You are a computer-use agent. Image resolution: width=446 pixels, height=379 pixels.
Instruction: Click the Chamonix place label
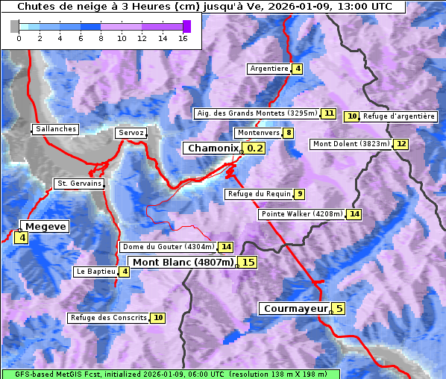pyautogui.click(x=213, y=148)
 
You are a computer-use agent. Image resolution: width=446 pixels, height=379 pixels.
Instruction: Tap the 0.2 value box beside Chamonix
pyautogui.click(x=255, y=148)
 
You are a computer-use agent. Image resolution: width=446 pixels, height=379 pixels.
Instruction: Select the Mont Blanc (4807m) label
pyautogui.click(x=183, y=262)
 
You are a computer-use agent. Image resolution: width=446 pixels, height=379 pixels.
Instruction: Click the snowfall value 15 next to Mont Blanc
pyautogui.click(x=248, y=262)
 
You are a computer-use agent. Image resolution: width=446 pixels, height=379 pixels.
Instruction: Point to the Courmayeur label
pyautogui.click(x=296, y=308)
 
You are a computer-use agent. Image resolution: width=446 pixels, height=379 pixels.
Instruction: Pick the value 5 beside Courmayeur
pyautogui.click(x=339, y=308)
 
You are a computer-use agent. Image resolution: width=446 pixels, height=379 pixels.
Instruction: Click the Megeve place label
pyautogui.click(x=45, y=226)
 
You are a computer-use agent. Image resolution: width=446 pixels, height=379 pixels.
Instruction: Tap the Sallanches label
pyautogui.click(x=56, y=129)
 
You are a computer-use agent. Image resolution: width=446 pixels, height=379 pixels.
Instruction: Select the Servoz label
pyautogui.click(x=131, y=133)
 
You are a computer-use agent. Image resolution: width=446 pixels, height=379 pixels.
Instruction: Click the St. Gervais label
pyautogui.click(x=79, y=184)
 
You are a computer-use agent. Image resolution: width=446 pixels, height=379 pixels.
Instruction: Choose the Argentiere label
pyautogui.click(x=269, y=69)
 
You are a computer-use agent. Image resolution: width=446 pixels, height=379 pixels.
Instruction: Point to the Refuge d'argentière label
pyautogui.click(x=399, y=116)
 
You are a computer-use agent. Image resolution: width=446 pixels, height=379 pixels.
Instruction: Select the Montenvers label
pyautogui.click(x=258, y=133)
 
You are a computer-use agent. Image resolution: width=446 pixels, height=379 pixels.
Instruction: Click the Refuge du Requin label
pyautogui.click(x=259, y=194)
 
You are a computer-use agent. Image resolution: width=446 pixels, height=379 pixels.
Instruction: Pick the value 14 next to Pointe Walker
pyautogui.click(x=354, y=214)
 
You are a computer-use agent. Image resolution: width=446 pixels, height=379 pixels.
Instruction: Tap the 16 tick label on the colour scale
pyautogui.click(x=183, y=38)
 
